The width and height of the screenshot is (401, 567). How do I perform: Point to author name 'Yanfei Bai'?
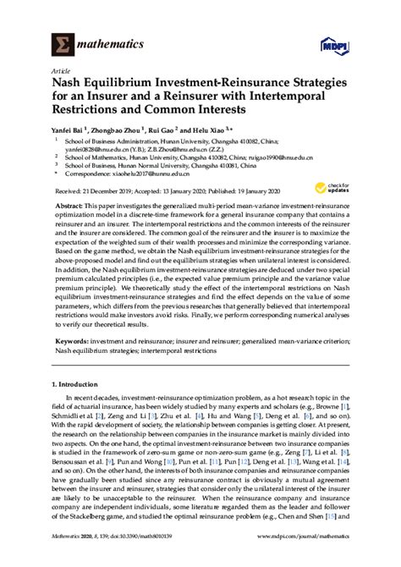81,135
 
